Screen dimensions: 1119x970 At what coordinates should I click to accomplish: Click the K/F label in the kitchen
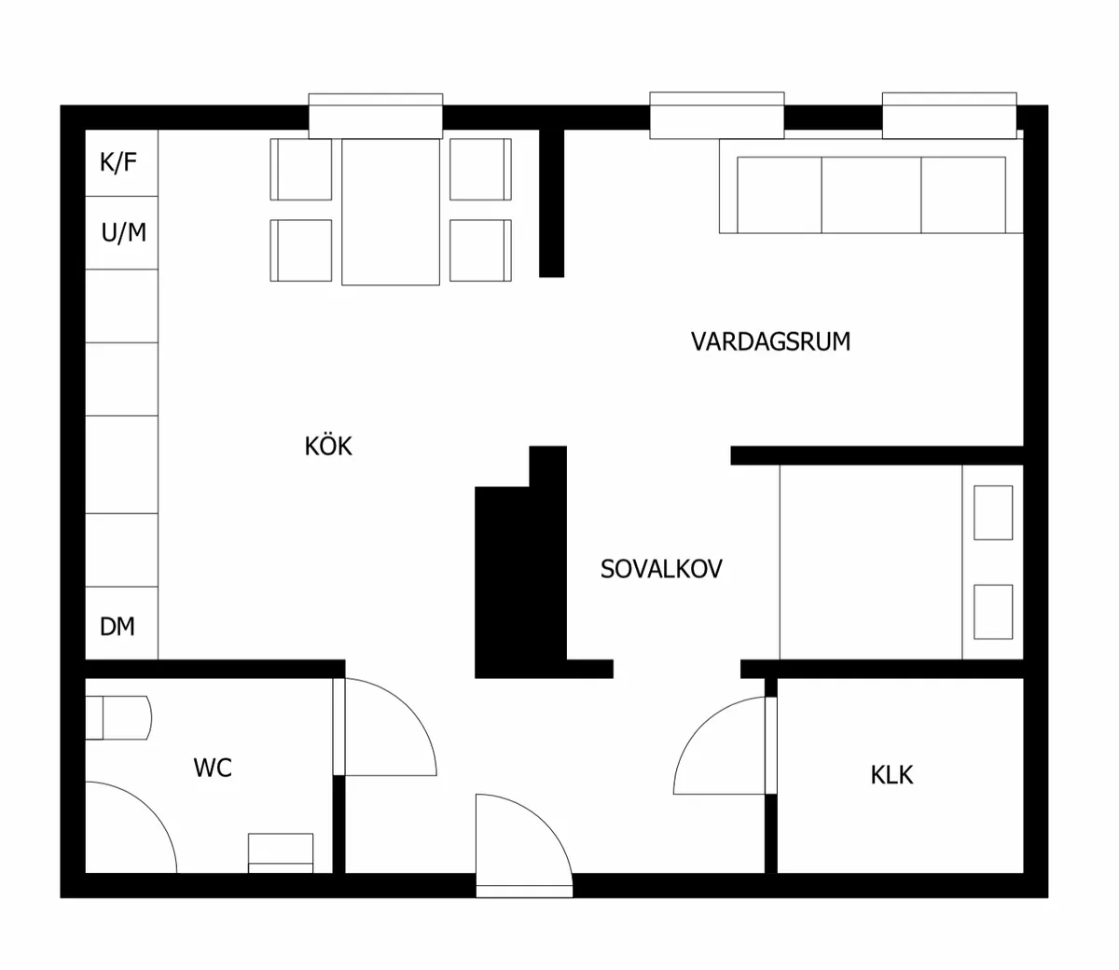(118, 162)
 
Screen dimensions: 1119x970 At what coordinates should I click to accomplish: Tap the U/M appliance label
(123, 232)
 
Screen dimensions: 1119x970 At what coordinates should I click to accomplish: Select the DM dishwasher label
(117, 627)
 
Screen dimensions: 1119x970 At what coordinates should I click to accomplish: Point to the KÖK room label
(328, 446)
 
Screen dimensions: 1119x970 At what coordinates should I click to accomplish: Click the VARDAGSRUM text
(770, 341)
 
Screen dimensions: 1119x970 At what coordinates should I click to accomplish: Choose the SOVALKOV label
(661, 569)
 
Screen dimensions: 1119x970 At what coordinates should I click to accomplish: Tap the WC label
(213, 768)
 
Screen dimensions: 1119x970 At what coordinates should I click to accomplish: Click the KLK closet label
(891, 775)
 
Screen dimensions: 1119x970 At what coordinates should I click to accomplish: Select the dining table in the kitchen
(391, 212)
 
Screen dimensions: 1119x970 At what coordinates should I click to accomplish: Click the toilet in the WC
(118, 717)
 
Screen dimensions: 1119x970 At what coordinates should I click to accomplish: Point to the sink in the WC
(281, 853)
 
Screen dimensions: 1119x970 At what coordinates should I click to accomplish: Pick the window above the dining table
(375, 116)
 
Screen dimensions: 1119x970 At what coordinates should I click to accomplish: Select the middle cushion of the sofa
(871, 195)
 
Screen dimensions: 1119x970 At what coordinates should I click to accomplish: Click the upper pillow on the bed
(993, 512)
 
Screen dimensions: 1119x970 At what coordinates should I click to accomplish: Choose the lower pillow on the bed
(993, 612)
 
